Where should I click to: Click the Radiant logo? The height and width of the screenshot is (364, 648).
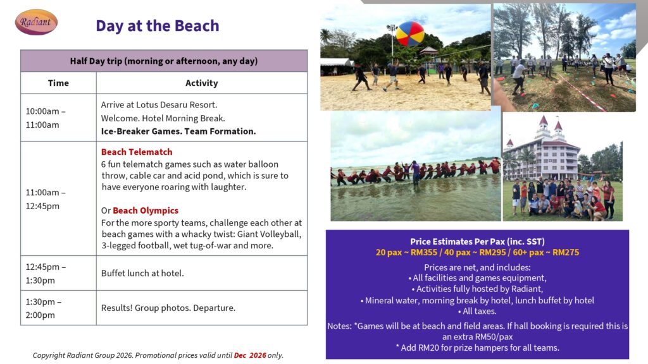click(x=36, y=22)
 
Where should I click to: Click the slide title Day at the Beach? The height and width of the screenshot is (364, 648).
click(x=158, y=25)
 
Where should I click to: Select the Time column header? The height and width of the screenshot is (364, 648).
click(x=58, y=83)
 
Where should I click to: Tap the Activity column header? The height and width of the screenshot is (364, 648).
click(x=202, y=83)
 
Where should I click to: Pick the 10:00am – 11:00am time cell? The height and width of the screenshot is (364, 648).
click(x=58, y=118)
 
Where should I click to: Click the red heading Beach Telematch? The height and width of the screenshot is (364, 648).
click(x=137, y=152)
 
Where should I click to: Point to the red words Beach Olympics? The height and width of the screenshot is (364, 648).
click(x=146, y=210)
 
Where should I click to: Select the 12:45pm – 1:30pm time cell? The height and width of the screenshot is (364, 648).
click(x=58, y=273)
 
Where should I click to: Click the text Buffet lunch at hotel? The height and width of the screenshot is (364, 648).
click(x=142, y=273)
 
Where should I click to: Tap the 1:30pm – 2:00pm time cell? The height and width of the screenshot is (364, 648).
click(x=58, y=308)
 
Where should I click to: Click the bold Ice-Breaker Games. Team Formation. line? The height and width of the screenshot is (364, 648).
click(x=178, y=131)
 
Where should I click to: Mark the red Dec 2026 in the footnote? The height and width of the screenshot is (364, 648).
click(x=250, y=355)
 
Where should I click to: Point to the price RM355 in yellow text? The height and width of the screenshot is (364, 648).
click(x=423, y=252)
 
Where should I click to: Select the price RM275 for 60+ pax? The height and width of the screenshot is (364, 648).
click(x=566, y=252)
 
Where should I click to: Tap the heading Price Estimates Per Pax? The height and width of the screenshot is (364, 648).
click(x=477, y=241)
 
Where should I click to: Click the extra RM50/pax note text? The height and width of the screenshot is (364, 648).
click(x=477, y=336)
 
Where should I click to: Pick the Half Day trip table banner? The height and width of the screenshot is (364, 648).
click(x=164, y=61)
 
